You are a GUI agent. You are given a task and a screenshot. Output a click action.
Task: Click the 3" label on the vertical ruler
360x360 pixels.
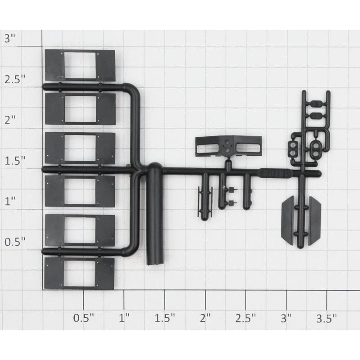coord(10,38)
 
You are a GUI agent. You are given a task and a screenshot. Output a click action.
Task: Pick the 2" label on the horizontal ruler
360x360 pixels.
coord(205,319)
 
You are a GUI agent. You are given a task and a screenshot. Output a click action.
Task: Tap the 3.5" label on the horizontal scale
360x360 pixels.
coord(327,319)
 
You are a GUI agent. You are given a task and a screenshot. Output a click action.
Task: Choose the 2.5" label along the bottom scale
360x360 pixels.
coord(246,319)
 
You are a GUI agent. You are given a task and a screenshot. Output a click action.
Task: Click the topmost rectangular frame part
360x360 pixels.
coord(80,65)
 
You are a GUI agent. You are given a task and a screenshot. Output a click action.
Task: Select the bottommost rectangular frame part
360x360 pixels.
coord(80,273)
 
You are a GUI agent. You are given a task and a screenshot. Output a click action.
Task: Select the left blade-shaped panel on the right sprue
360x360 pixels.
coord(288,220)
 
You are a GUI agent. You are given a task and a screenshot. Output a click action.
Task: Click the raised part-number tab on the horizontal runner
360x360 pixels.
coord(275,172)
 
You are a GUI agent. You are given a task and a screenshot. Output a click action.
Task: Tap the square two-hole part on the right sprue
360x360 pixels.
coord(293,148)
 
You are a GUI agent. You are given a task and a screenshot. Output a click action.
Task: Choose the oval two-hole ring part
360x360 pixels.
coord(315,148)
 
